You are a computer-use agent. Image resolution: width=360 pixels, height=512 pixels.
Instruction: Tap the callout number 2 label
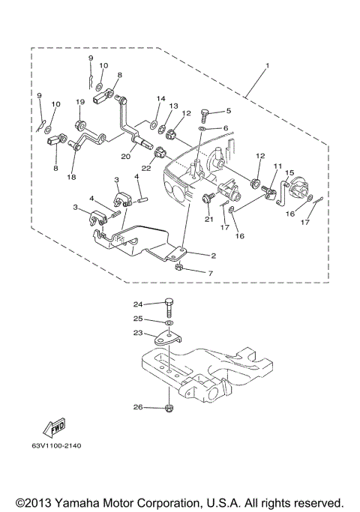tap(213, 255)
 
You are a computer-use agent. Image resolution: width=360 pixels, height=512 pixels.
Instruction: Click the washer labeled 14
tap(154, 121)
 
